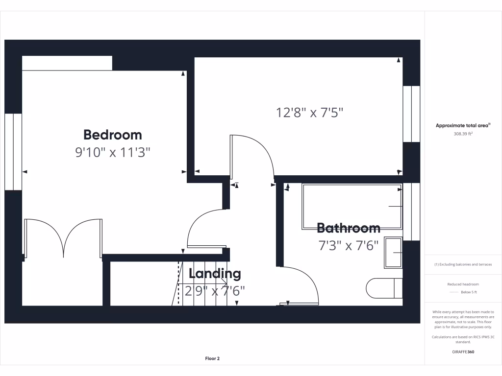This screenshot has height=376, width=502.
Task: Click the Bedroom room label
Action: [112, 135]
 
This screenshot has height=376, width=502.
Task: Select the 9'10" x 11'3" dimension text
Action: [112, 152]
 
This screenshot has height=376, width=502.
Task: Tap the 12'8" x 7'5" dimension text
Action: [309, 113]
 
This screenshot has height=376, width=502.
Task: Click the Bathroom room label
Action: [348, 228]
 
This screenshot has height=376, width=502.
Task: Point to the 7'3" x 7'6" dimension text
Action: [348, 245]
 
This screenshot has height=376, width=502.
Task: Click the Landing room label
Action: [215, 274]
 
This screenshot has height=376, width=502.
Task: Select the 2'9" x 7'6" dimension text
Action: [215, 291]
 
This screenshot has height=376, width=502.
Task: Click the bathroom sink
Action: [393, 253]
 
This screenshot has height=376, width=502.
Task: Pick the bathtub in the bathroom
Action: [352, 207]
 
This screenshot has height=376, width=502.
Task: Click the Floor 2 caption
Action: [212, 358]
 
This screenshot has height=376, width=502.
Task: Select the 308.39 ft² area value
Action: [463, 133]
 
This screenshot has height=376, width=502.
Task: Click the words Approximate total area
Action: [462, 126]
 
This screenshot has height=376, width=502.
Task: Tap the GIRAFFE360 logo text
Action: [463, 352]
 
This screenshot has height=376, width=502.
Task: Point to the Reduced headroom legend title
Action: [463, 284]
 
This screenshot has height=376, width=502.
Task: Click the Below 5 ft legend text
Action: [469, 292]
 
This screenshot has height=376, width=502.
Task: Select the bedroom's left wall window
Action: [13, 152]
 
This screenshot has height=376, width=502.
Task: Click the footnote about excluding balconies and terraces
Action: [463, 265]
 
